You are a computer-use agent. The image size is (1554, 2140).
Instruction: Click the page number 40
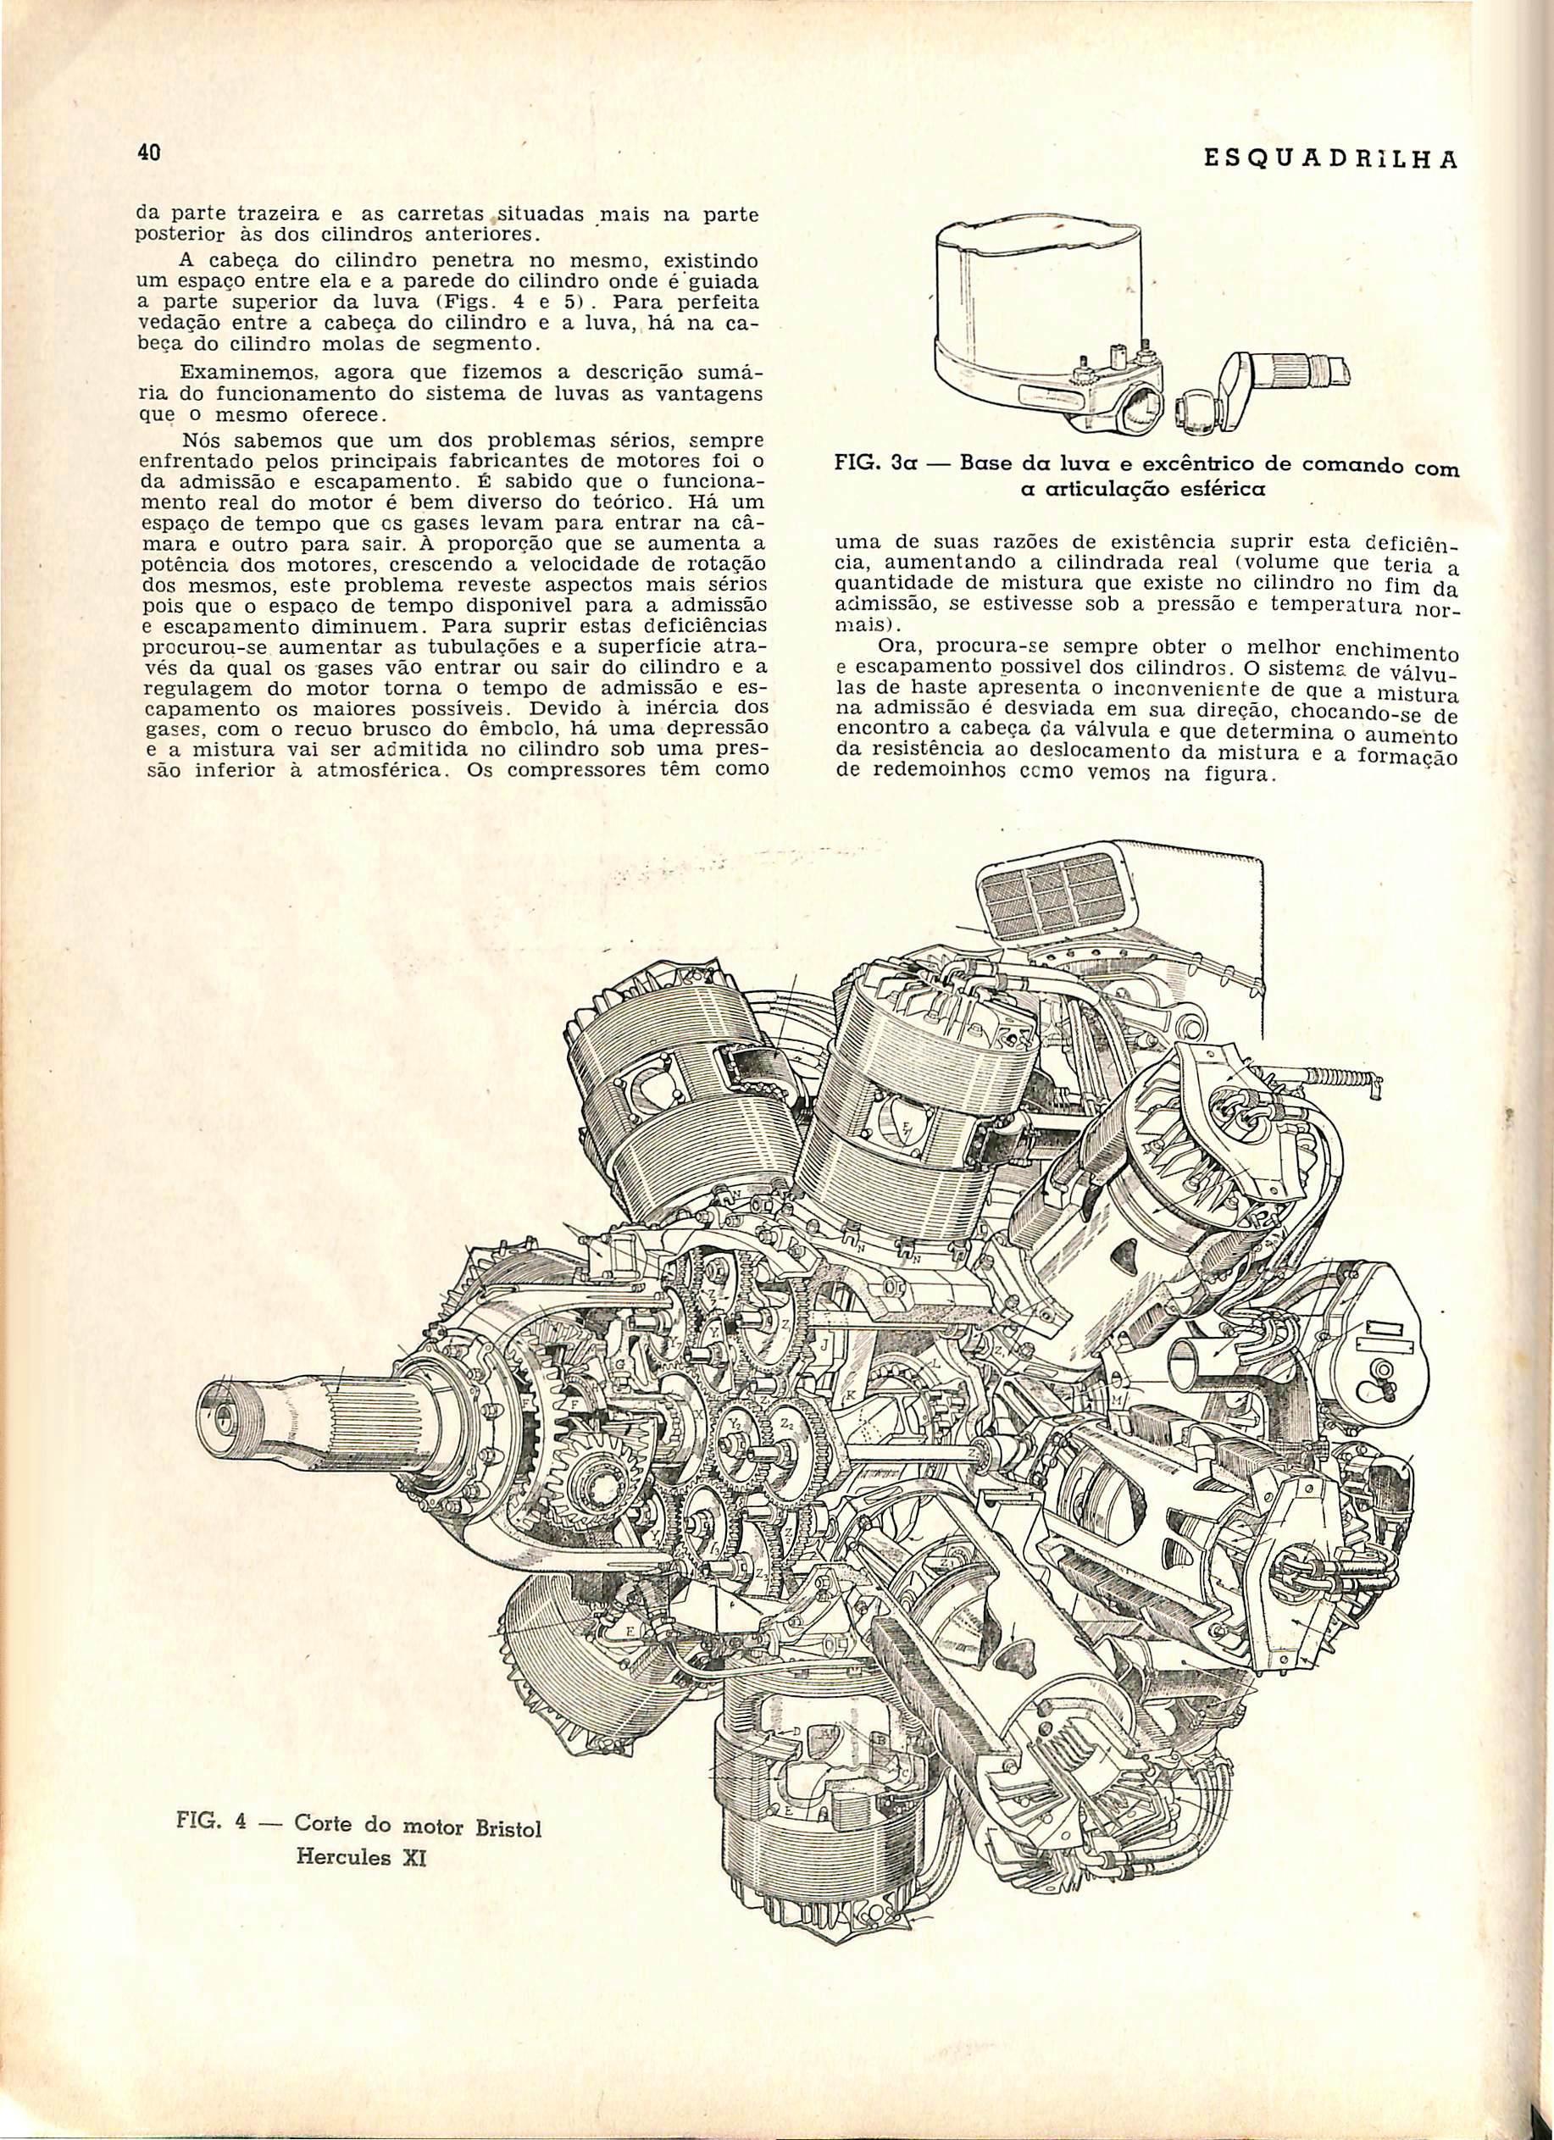[147, 152]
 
